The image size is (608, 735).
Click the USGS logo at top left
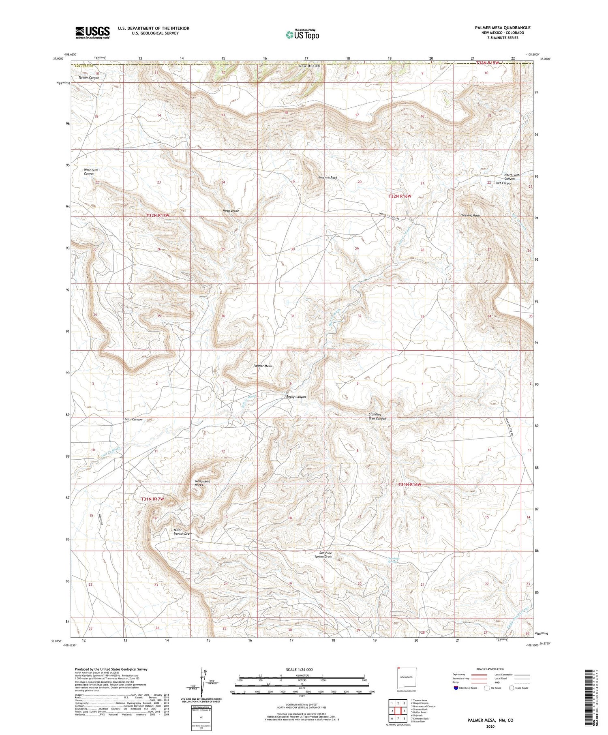pyautogui.click(x=92, y=32)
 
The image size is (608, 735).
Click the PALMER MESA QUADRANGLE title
pyautogui.click(x=503, y=28)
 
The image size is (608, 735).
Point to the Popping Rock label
pyautogui.click(x=328, y=178)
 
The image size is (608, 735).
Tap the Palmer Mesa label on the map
pyautogui.click(x=262, y=366)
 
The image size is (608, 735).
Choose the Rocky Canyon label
pyautogui.click(x=296, y=397)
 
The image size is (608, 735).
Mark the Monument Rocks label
pyautogui.click(x=202, y=483)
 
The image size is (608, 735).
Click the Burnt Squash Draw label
pyautogui.click(x=182, y=532)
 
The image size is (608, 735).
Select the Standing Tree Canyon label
pyautogui.click(x=377, y=417)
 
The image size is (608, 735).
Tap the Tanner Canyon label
pyautogui.click(x=89, y=77)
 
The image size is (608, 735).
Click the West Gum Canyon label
pyautogui.click(x=91, y=172)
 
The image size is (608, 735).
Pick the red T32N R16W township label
pyautogui.click(x=400, y=196)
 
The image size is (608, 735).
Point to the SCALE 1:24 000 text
pyautogui.click(x=299, y=669)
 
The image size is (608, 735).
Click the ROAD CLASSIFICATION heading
pyautogui.click(x=490, y=669)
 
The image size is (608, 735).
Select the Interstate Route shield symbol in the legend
pyautogui.click(x=456, y=688)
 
